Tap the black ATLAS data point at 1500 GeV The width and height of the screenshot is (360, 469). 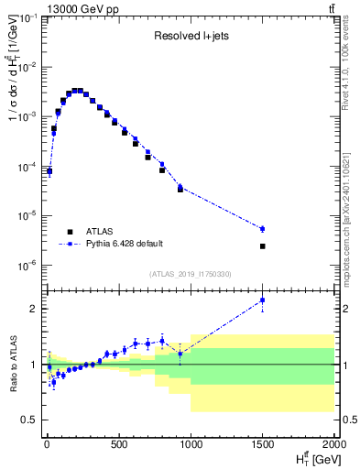(x=262, y=245)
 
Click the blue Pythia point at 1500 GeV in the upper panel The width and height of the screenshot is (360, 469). (x=262, y=228)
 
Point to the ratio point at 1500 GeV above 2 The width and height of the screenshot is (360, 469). (x=262, y=300)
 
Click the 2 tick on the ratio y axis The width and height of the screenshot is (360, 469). (x=34, y=309)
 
